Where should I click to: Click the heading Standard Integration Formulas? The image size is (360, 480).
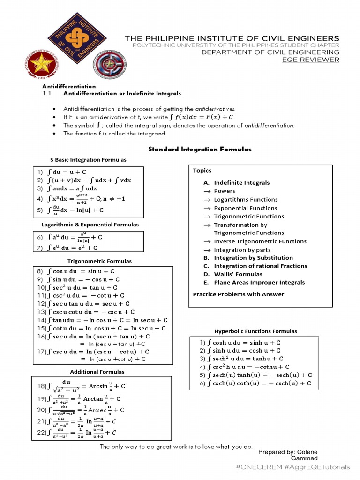tap(200, 149)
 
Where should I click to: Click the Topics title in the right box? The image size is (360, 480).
tap(202, 171)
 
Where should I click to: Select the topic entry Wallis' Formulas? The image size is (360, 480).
tap(238, 274)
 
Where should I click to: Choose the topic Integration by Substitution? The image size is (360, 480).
tap(253, 258)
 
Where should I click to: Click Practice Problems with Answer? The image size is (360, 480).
tap(239, 294)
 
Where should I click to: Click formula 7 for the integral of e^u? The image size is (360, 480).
tap(68, 248)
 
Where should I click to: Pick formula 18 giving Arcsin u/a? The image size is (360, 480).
tap(82, 386)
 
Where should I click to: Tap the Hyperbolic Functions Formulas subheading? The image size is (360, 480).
tap(255, 331)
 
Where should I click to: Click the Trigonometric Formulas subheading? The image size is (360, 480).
tap(99, 261)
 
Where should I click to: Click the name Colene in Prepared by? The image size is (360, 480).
tap(306, 452)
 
